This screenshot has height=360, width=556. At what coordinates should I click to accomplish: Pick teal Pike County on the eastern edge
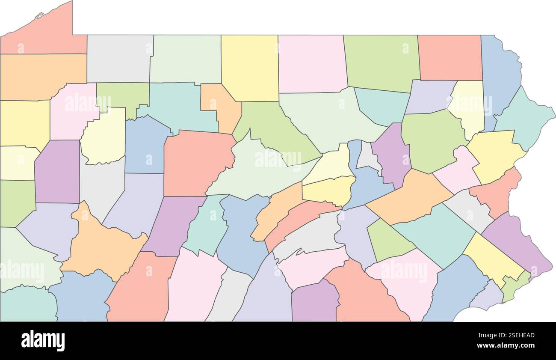click(524, 118)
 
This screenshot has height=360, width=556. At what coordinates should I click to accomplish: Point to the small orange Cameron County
click(219, 105)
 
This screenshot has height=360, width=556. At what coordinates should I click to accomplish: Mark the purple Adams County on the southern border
click(314, 302)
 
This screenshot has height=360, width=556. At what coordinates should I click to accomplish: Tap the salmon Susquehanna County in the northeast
click(450, 57)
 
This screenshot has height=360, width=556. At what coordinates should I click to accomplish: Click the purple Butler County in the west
click(57, 171)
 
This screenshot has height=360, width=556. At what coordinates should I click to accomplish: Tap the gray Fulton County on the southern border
click(229, 295)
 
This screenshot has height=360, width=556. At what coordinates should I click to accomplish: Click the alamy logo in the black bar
click(43, 341)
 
